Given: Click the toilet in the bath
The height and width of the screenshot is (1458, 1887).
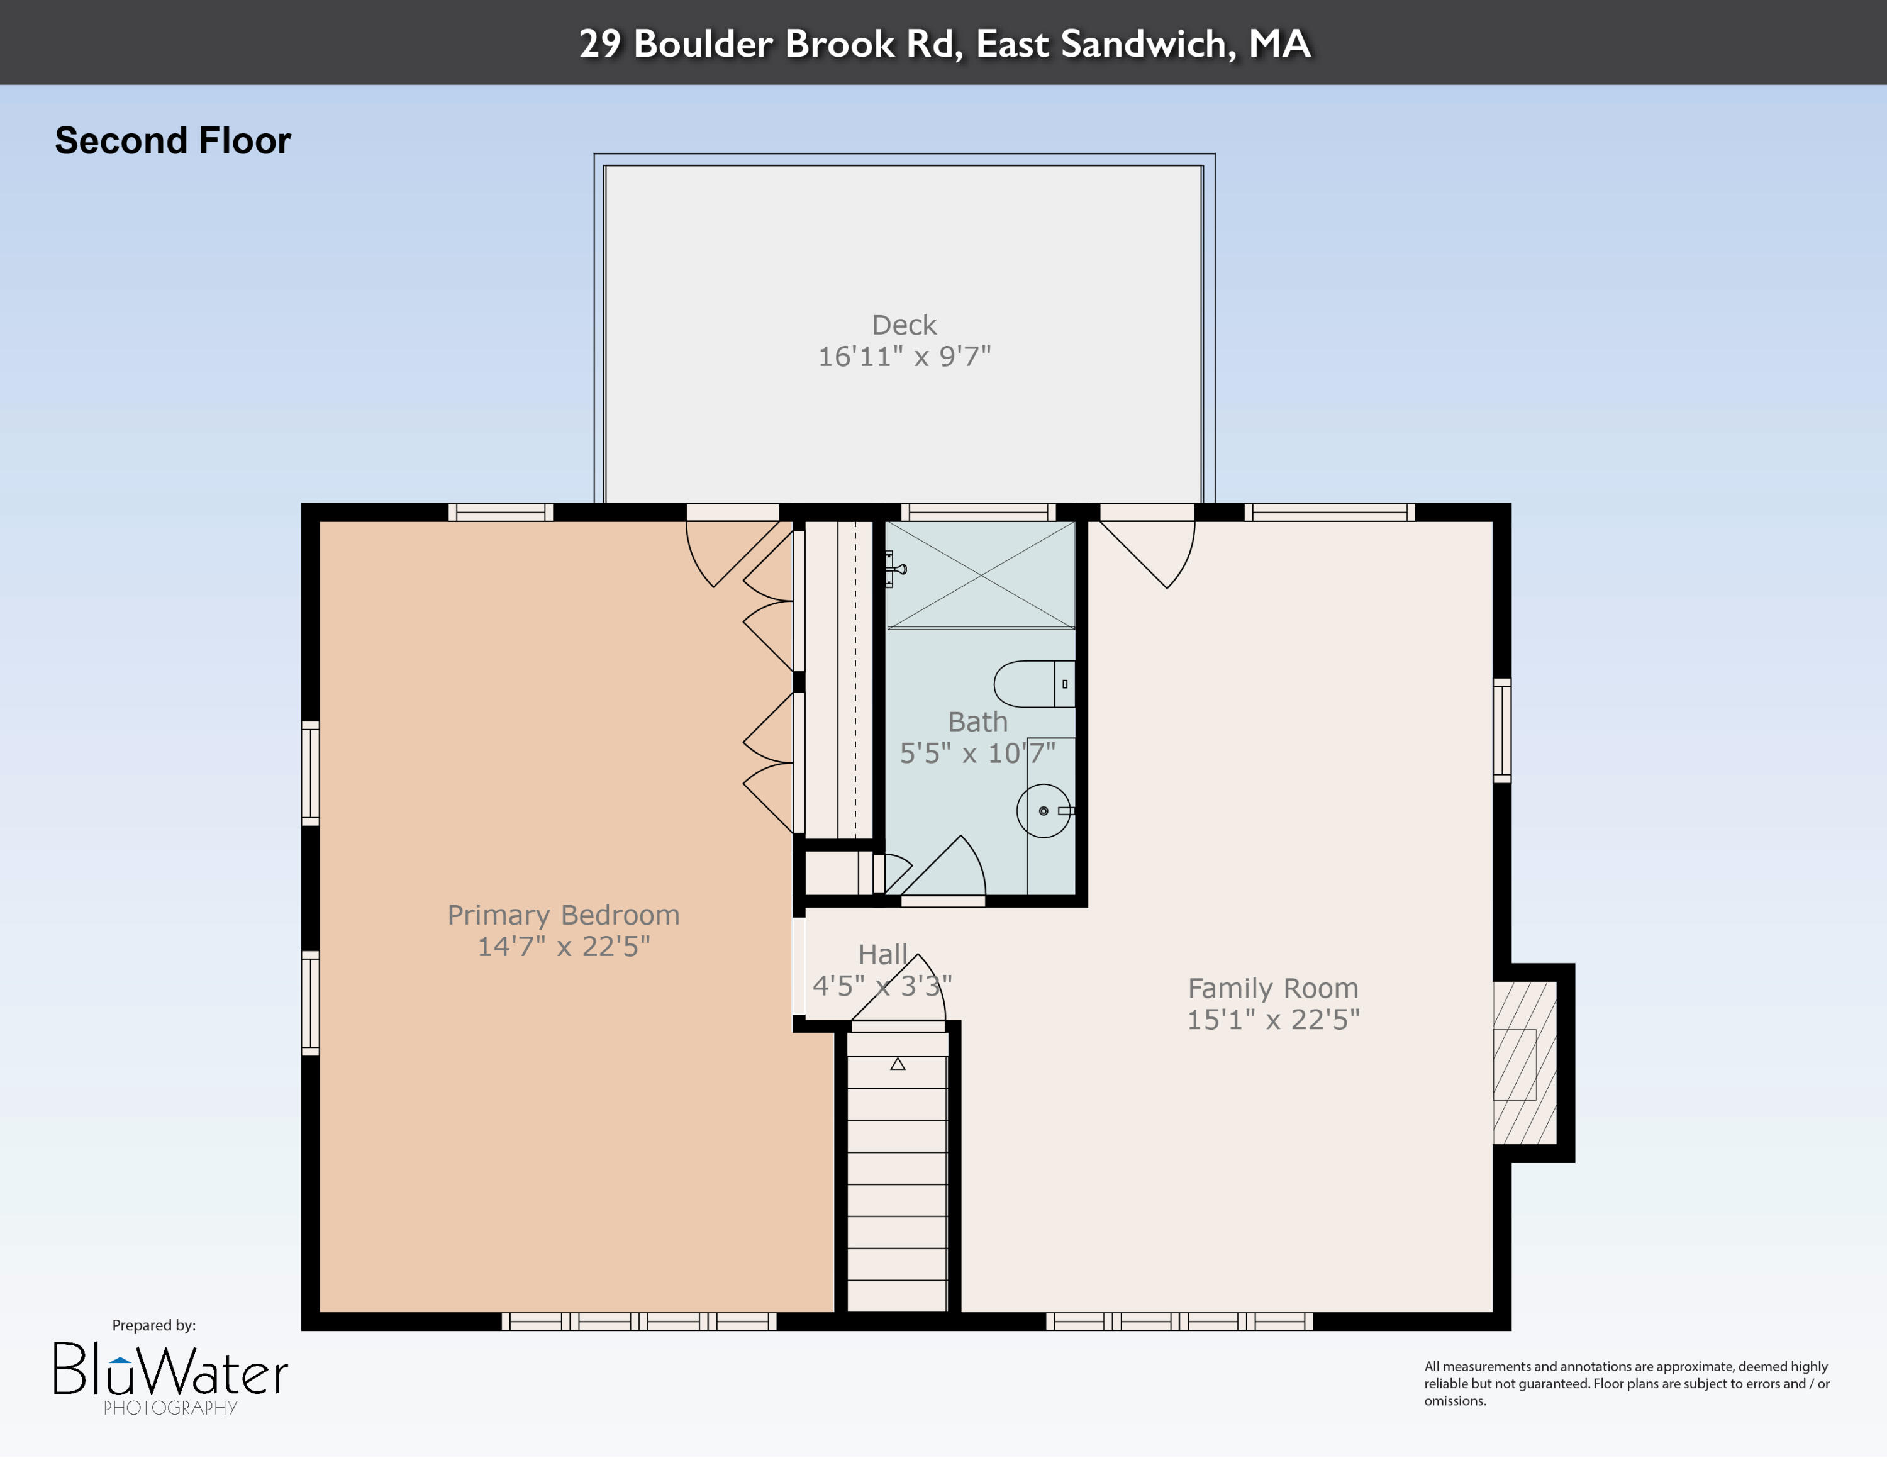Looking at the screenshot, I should tap(1032, 684).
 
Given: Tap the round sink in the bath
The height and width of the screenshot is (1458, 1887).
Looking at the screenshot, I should tap(1043, 811).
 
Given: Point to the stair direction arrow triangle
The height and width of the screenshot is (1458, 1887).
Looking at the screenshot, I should tap(898, 1064).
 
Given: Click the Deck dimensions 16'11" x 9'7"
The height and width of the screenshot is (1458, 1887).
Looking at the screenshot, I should tap(904, 356).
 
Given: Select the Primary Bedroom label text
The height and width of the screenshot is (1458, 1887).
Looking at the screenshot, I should tap(564, 915).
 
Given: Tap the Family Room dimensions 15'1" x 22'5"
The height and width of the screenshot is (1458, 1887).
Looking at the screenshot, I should tap(1272, 1019).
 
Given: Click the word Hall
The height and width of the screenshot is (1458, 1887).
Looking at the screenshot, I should tap(882, 954).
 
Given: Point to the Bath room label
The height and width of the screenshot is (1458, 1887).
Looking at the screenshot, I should tap(977, 721).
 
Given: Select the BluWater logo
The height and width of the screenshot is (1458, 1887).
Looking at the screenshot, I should tap(170, 1372).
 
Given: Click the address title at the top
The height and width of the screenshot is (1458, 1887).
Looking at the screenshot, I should tap(943, 43).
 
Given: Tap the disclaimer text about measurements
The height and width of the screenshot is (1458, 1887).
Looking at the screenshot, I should tap(1626, 1383).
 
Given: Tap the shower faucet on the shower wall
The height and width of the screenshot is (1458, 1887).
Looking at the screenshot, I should tap(893, 569).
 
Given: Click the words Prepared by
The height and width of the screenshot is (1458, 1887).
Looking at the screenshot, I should tap(154, 1325).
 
